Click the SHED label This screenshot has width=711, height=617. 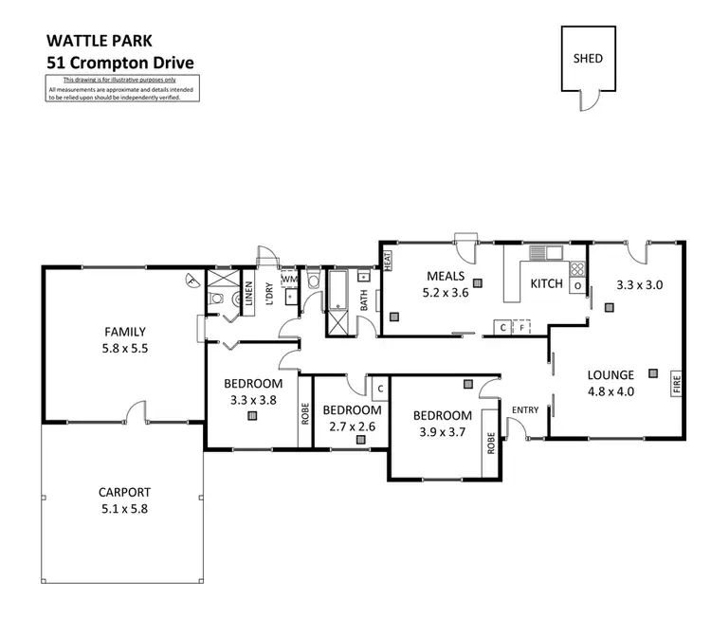click(588, 58)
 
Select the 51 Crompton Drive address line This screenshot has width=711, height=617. click(120, 63)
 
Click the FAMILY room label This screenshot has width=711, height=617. click(124, 332)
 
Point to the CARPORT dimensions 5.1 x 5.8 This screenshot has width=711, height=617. click(124, 508)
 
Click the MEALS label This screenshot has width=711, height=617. click(445, 277)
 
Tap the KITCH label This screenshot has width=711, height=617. click(546, 283)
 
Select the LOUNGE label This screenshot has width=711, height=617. click(611, 373)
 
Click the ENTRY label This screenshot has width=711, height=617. click(524, 409)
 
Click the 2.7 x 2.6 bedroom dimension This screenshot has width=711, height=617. click(352, 426)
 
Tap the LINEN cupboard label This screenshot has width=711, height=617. click(249, 295)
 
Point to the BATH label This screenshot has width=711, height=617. click(363, 299)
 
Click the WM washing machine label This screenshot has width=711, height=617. click(289, 281)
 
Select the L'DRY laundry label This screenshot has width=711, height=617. click(269, 295)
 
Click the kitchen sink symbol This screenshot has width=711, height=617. click(544, 252)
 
